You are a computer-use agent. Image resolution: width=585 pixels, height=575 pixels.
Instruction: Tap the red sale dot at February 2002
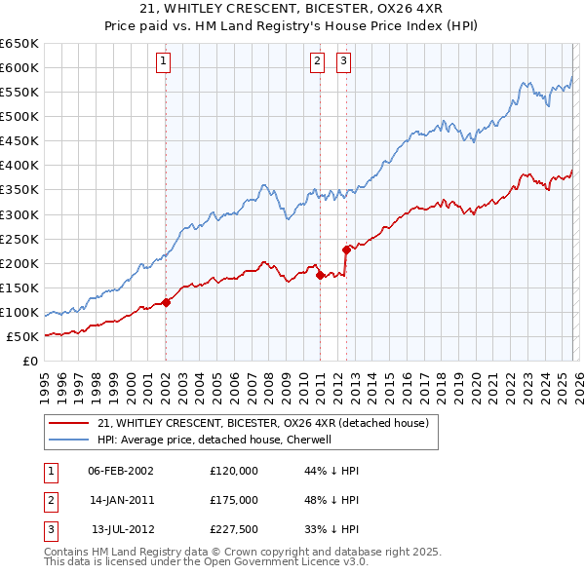coord(166,302)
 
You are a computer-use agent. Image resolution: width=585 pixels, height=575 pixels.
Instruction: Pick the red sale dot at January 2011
coord(320,275)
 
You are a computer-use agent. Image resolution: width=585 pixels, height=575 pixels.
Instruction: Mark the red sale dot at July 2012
coord(346,249)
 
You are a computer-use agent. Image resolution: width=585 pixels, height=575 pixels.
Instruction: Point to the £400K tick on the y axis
coord(19,165)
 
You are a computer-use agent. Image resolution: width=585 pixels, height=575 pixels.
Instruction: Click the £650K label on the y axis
coord(19,44)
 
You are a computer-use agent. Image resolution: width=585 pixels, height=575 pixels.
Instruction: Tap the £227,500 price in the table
coord(233,529)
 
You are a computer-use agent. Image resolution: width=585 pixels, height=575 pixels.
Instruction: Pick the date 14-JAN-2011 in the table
coord(121,500)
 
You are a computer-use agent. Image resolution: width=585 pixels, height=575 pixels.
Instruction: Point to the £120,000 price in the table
coord(233,471)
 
